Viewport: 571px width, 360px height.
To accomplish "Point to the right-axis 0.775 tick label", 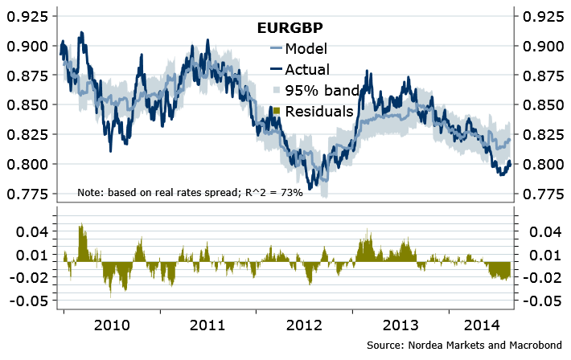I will pyautogui.click(x=542, y=194).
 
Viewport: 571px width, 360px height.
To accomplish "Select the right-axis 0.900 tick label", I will pyautogui.click(x=542, y=46).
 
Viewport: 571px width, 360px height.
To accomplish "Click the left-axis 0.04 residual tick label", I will pyautogui.click(x=35, y=231).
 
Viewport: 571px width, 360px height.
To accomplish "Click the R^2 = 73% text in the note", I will pyautogui.click(x=271, y=194).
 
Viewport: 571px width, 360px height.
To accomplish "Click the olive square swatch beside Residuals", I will pyautogui.click(x=277, y=111).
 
